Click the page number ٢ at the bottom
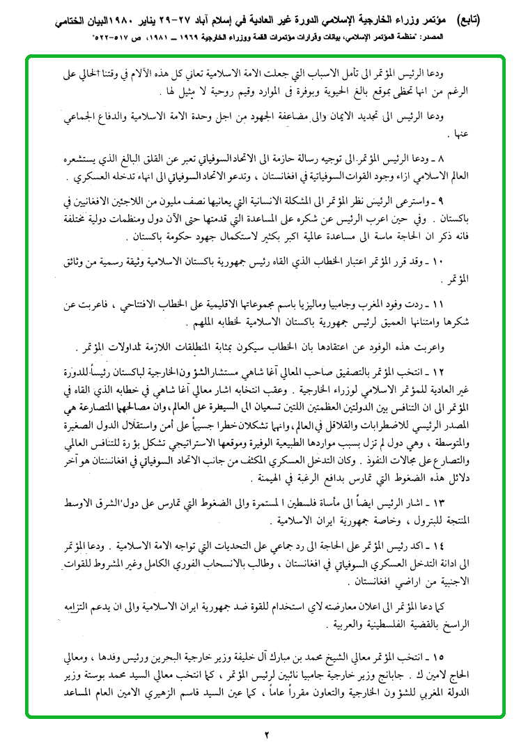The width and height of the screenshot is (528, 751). tap(265, 734)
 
